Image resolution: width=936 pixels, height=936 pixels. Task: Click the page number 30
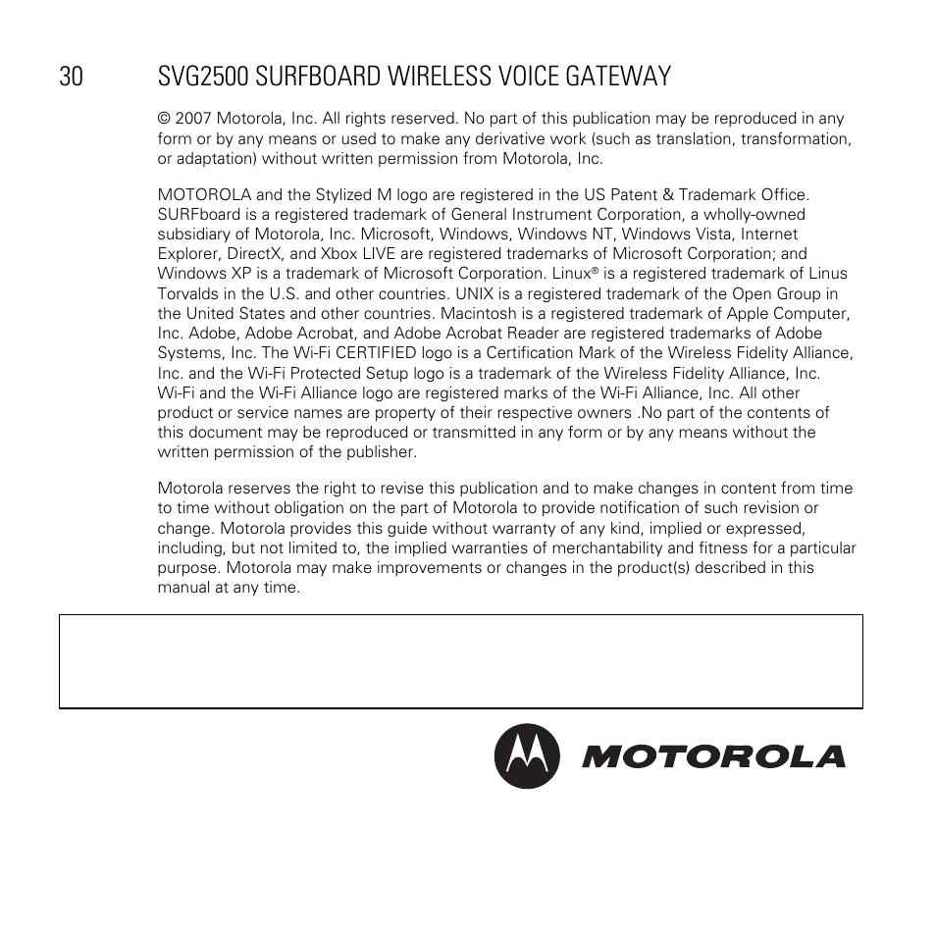(71, 77)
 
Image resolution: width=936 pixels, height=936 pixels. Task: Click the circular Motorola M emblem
(527, 756)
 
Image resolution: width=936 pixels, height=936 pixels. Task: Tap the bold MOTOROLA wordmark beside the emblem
(712, 756)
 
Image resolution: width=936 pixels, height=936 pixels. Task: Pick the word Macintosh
(478, 313)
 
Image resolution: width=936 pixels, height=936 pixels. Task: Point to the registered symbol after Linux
(595, 270)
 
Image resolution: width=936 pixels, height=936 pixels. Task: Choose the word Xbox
(339, 254)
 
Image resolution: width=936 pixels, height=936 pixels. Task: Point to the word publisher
(381, 452)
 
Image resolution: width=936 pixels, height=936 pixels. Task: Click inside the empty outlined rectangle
(461, 661)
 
